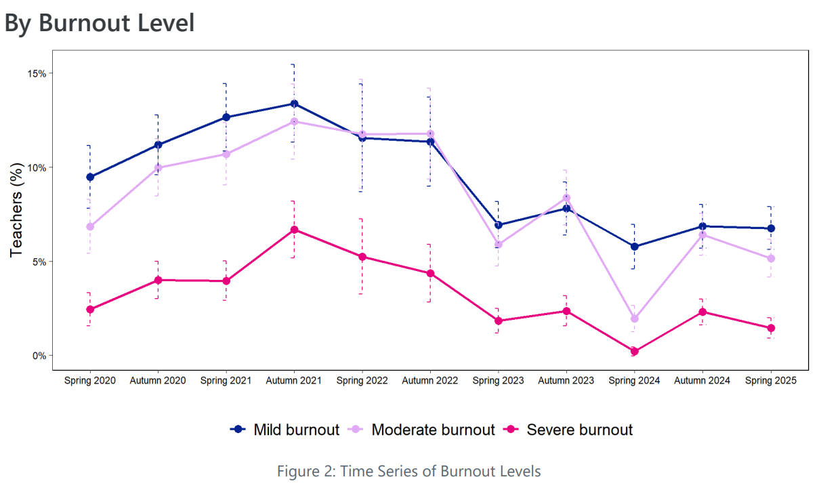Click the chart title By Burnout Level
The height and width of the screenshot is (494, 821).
tap(100, 23)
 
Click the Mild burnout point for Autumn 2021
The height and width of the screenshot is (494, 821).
tap(294, 104)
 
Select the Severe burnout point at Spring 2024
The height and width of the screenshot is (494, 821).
tap(634, 352)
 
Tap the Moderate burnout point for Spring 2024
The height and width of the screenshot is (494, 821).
tap(634, 318)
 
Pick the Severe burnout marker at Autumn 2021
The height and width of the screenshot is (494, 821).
tap(294, 230)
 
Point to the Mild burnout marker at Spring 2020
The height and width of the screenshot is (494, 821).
tap(90, 177)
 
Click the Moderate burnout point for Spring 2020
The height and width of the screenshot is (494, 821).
tap(90, 226)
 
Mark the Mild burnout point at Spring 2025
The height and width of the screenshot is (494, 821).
tap(771, 228)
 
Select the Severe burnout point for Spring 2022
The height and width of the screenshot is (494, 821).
tap(362, 257)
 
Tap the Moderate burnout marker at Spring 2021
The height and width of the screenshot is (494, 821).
tap(226, 154)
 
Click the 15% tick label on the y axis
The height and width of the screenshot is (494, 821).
tap(36, 73)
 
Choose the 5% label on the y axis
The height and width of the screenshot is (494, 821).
tap(39, 262)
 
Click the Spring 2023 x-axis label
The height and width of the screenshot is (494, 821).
tap(498, 381)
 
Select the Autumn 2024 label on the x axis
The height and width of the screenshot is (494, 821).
tap(702, 381)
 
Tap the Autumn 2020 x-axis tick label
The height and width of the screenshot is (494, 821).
tap(158, 381)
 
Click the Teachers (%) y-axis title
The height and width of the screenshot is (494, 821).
tap(18, 213)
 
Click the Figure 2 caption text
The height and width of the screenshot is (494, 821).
tap(409, 471)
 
